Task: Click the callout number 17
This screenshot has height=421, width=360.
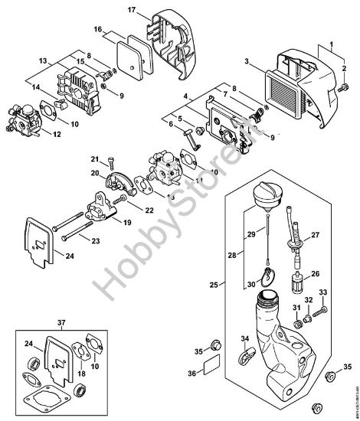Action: click(x=131, y=9)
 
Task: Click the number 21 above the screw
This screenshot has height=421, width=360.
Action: click(x=97, y=158)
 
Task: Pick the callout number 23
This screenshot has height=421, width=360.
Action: click(x=97, y=240)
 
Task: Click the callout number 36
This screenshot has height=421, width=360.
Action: click(x=192, y=373)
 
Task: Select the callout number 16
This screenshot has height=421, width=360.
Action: click(x=98, y=28)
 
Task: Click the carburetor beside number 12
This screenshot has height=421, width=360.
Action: click(x=23, y=119)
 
